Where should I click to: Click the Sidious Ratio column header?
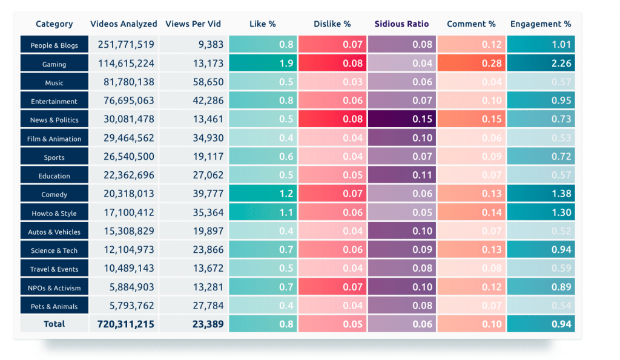point(401,24)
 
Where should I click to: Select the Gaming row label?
point(54,64)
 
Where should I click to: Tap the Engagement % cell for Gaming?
point(541,64)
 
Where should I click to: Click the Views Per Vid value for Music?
point(192,82)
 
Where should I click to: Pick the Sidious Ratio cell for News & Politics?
point(401,119)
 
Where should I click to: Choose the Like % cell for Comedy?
point(263,194)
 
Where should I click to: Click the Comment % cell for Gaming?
point(471,64)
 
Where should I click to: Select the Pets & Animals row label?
point(54,307)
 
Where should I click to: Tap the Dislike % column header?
point(332,24)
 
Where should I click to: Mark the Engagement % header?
point(541,24)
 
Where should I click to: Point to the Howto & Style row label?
point(54,213)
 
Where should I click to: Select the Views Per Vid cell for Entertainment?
point(192,101)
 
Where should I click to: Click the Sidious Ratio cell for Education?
point(401,175)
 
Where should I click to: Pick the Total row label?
point(54,324)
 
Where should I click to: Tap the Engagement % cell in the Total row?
point(541,324)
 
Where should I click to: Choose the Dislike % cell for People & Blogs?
point(332,45)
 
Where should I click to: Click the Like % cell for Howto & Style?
point(263,213)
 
